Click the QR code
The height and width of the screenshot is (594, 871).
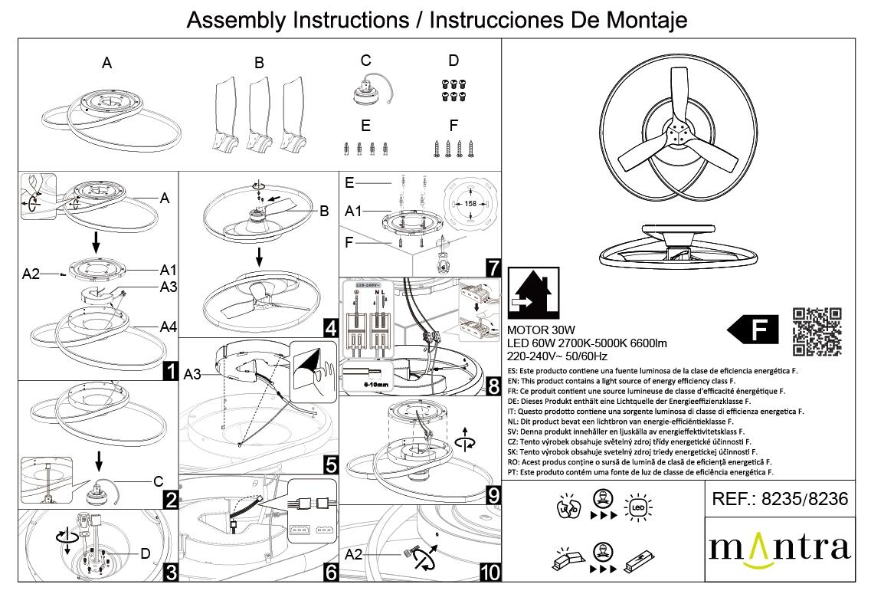(817, 331)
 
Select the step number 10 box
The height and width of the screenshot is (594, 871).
(490, 572)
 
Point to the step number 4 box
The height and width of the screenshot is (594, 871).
(331, 329)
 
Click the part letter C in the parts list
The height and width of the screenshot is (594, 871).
(365, 61)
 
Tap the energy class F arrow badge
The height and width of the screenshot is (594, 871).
(753, 331)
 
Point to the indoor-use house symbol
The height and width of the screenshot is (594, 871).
(533, 294)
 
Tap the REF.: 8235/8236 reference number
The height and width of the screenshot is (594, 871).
(780, 500)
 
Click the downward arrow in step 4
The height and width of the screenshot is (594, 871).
(259, 257)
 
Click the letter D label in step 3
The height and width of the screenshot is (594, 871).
(144, 553)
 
